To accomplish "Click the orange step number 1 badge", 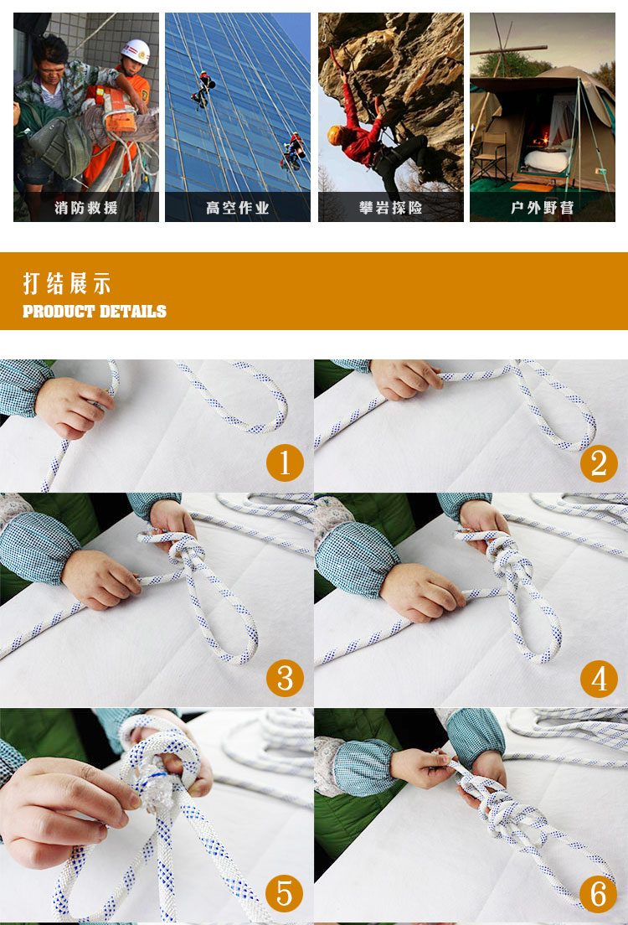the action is point(285,462).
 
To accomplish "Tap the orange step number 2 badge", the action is point(599,463).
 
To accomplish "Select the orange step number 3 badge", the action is point(285,678).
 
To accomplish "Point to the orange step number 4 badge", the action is point(599,679).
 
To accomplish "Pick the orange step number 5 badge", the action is point(284,893).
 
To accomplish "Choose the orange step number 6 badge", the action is point(598,894).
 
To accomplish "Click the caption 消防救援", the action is point(86,208).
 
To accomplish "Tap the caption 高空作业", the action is point(238,208).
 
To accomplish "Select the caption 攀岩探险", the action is point(390,208).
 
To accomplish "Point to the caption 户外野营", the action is point(543,208).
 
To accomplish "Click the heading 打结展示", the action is point(67,283).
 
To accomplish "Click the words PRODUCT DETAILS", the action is point(95,312).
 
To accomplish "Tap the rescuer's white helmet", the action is point(136,51).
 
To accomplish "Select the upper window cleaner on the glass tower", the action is point(203,90).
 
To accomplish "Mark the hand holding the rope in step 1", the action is point(73,406).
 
